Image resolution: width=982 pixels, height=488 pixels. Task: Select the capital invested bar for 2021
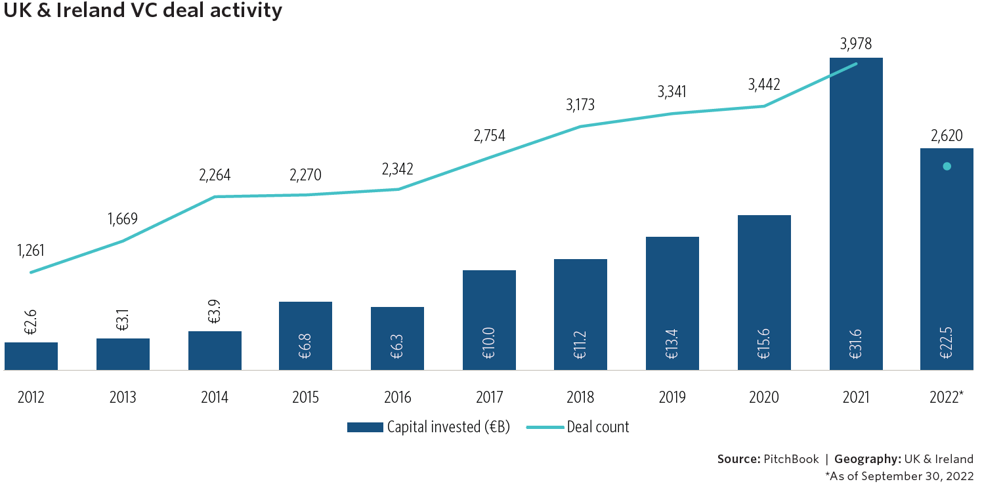(x=856, y=216)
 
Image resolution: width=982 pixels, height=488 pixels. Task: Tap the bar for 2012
(x=31, y=356)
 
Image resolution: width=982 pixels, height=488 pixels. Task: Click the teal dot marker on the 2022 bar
(x=947, y=167)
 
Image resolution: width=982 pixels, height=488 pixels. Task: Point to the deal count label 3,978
(x=856, y=45)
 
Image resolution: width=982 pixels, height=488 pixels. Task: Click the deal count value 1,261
(x=32, y=251)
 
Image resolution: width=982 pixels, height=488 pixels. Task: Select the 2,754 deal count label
(x=489, y=136)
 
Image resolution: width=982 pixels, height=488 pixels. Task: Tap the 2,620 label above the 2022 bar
(x=947, y=136)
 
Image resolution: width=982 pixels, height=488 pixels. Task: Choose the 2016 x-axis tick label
(x=398, y=397)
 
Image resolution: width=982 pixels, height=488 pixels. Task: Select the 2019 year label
(x=672, y=397)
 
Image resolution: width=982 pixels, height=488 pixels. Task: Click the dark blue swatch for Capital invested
(x=364, y=428)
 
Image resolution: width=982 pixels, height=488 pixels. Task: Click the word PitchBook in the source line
(x=790, y=459)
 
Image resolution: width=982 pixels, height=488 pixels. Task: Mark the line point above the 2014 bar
(x=215, y=197)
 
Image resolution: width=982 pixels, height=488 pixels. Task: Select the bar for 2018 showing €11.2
(x=580, y=315)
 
